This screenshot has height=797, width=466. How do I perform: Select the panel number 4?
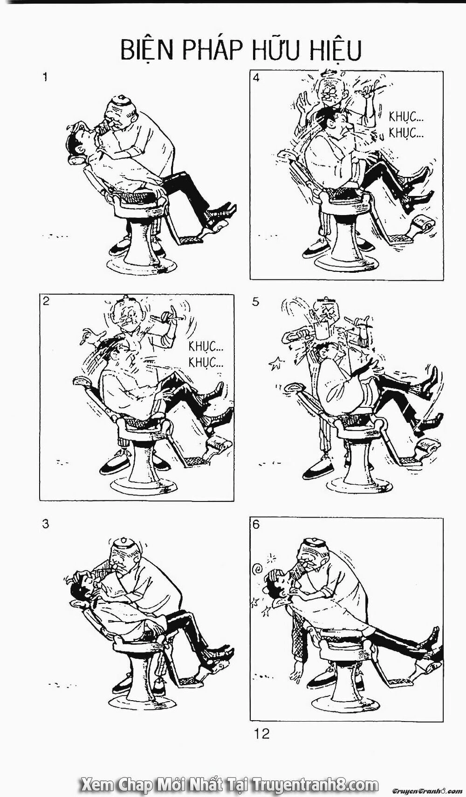coord(256,78)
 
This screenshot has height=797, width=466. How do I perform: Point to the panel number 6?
coord(256,524)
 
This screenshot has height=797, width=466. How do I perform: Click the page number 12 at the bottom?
coord(262,734)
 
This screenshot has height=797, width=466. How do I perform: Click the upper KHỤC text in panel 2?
coord(206,346)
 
